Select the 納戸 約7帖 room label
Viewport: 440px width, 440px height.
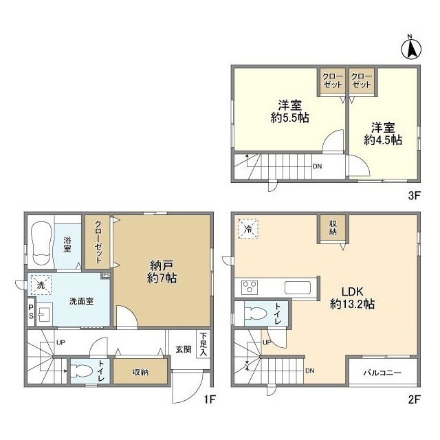click(x=162, y=272)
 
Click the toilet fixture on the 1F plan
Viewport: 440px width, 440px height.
click(x=82, y=371)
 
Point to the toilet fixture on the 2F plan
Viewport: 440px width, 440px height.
click(x=255, y=313)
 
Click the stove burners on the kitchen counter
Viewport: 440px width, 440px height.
click(x=250, y=287)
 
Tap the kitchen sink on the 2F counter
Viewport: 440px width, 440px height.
click(x=298, y=287)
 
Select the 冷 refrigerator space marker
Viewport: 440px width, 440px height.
click(x=248, y=229)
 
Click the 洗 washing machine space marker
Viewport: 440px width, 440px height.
click(x=41, y=285)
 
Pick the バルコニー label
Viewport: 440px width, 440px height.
click(x=382, y=373)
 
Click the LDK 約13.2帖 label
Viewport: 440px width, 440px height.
click(x=352, y=298)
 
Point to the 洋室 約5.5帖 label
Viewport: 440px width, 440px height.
click(x=290, y=112)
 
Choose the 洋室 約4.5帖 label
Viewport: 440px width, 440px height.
click(x=383, y=134)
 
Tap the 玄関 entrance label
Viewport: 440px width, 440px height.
click(x=184, y=349)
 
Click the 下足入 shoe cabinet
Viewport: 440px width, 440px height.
click(x=203, y=344)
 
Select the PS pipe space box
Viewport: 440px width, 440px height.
click(x=31, y=311)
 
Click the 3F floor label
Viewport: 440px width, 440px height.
click(x=414, y=195)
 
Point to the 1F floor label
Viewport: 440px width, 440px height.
click(x=210, y=399)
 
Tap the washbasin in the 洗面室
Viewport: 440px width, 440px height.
click(x=44, y=314)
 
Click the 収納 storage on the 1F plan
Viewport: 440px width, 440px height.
click(x=140, y=371)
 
